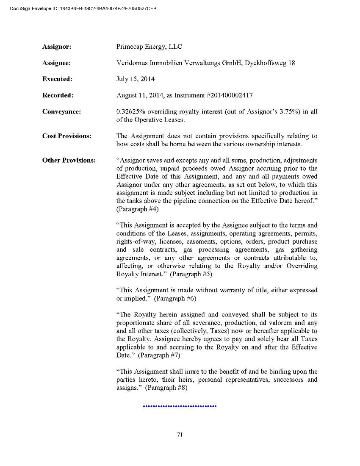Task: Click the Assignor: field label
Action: pyautogui.click(x=57, y=47)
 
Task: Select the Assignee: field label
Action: pyautogui.click(x=57, y=63)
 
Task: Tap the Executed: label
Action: pyautogui.click(x=57, y=79)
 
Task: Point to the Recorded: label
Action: pyautogui.click(x=58, y=95)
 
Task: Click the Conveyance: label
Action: pyautogui.click(x=61, y=112)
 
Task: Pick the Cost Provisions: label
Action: pyautogui.click(x=66, y=136)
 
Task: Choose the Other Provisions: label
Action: pyautogui.click(x=69, y=161)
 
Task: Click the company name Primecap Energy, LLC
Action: pyautogui.click(x=149, y=47)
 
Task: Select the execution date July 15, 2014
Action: pyautogui.click(x=136, y=79)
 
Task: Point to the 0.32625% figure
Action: pyautogui.click(x=131, y=112)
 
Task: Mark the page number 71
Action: pyautogui.click(x=180, y=434)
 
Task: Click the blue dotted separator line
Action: pyautogui.click(x=180, y=406)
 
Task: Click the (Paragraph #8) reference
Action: pyautogui.click(x=166, y=388)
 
